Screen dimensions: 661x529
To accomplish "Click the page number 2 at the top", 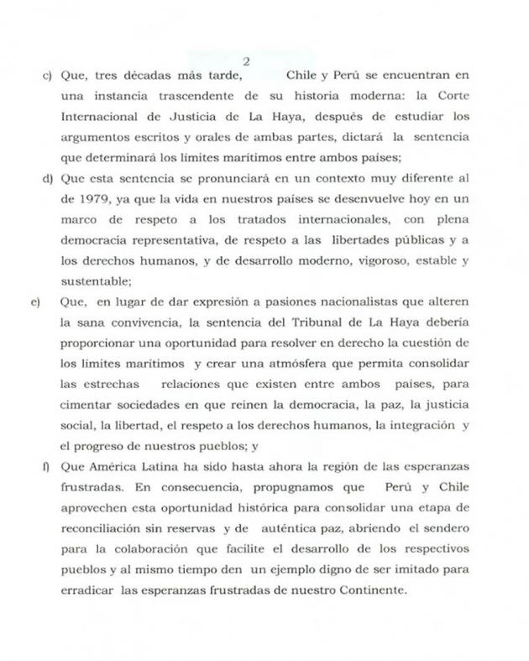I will [246, 60].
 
